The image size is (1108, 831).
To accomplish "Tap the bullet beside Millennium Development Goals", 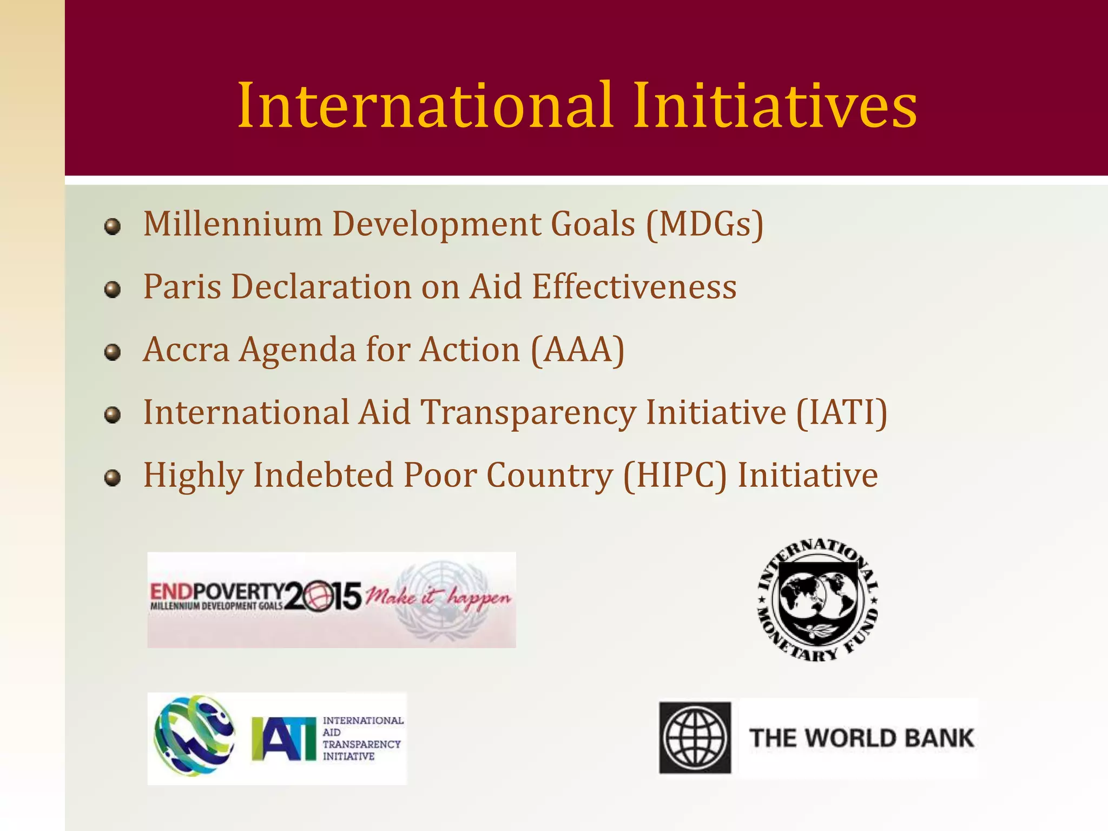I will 113,227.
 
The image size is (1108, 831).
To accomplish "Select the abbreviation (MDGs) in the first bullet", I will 704,224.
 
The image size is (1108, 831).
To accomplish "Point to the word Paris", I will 182,287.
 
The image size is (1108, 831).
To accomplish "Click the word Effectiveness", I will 634,287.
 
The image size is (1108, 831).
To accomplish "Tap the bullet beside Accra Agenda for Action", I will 113,353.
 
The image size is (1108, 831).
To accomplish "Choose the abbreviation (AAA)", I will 578,350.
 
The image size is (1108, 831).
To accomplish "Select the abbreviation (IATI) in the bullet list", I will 841,413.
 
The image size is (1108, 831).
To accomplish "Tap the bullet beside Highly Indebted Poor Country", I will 113,478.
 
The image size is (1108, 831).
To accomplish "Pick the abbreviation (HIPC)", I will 675,476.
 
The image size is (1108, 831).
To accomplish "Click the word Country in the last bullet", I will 549,476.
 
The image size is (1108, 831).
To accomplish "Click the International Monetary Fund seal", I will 817,600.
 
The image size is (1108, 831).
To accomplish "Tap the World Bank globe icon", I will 695,738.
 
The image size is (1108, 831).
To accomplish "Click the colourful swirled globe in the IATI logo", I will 194,736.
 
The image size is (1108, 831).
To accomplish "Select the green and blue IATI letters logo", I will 283,739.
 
